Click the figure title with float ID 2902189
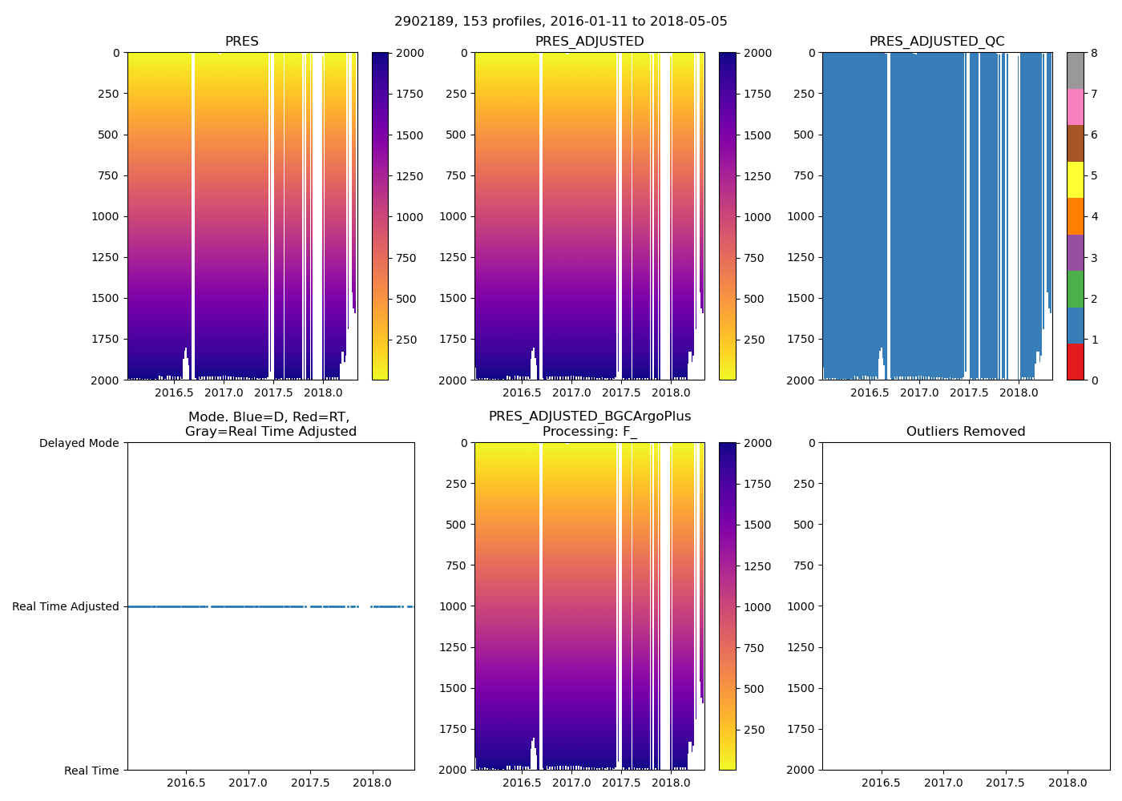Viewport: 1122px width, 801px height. click(x=561, y=22)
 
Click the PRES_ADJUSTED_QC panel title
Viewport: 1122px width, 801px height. click(x=937, y=42)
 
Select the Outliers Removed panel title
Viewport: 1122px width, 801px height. click(x=966, y=432)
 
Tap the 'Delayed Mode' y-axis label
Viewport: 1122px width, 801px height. click(x=79, y=443)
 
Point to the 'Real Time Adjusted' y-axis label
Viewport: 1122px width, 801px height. click(x=66, y=606)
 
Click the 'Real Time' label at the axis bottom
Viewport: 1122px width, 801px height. click(x=91, y=771)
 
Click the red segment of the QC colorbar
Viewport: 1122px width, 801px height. click(x=1075, y=361)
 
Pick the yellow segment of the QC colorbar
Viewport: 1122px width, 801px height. click(x=1075, y=179)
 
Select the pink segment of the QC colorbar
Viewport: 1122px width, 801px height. click(x=1075, y=107)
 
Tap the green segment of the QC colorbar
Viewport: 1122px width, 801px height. click(x=1075, y=288)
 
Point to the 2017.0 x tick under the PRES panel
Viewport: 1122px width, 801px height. click(x=224, y=392)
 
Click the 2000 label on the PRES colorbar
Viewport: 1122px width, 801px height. click(x=410, y=53)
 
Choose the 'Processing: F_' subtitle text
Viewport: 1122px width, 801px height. click(x=590, y=432)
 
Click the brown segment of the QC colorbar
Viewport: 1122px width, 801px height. click(x=1075, y=143)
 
